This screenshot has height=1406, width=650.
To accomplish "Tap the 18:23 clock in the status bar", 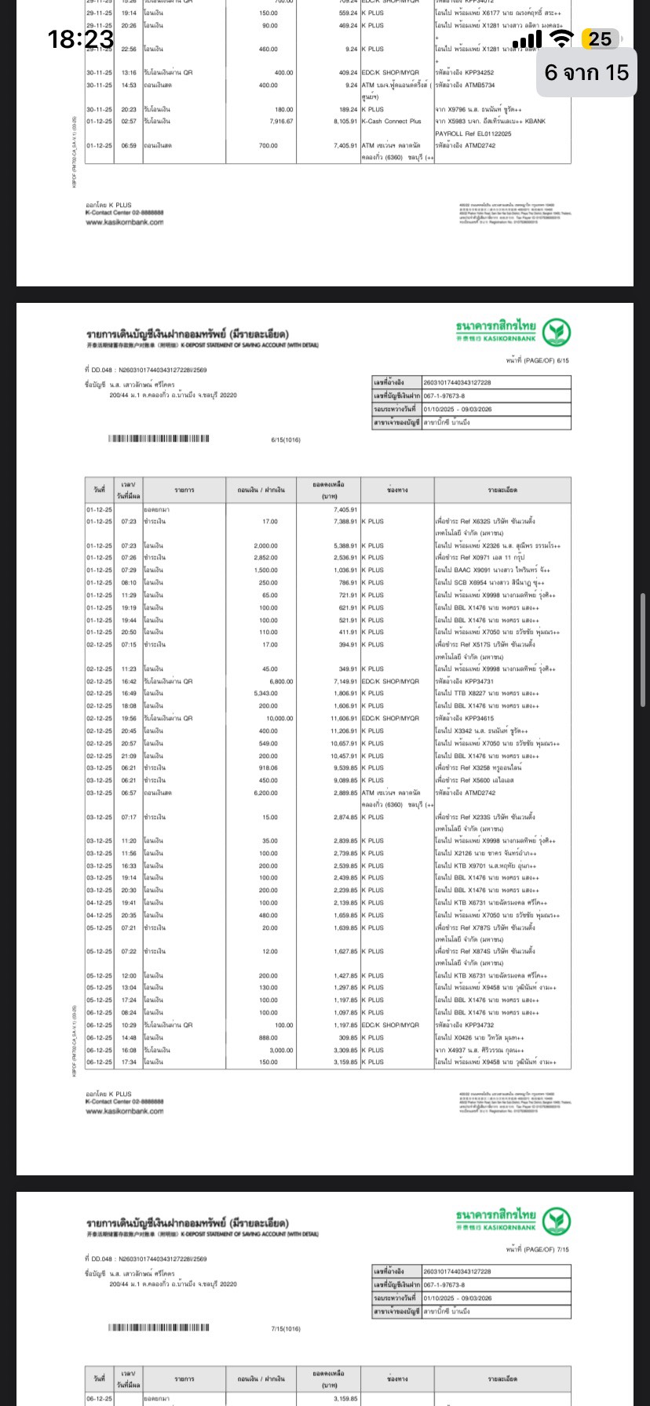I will click(x=81, y=38).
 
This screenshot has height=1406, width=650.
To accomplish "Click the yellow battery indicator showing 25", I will click(x=601, y=39).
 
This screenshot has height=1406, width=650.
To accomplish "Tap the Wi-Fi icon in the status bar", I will click(x=561, y=39).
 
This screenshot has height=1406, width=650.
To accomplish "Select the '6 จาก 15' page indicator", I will click(x=587, y=72).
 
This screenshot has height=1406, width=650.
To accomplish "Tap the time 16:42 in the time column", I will click(x=128, y=681).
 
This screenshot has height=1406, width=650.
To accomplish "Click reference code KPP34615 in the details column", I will click(x=477, y=718).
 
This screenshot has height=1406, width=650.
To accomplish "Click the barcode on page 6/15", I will click(x=159, y=439).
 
